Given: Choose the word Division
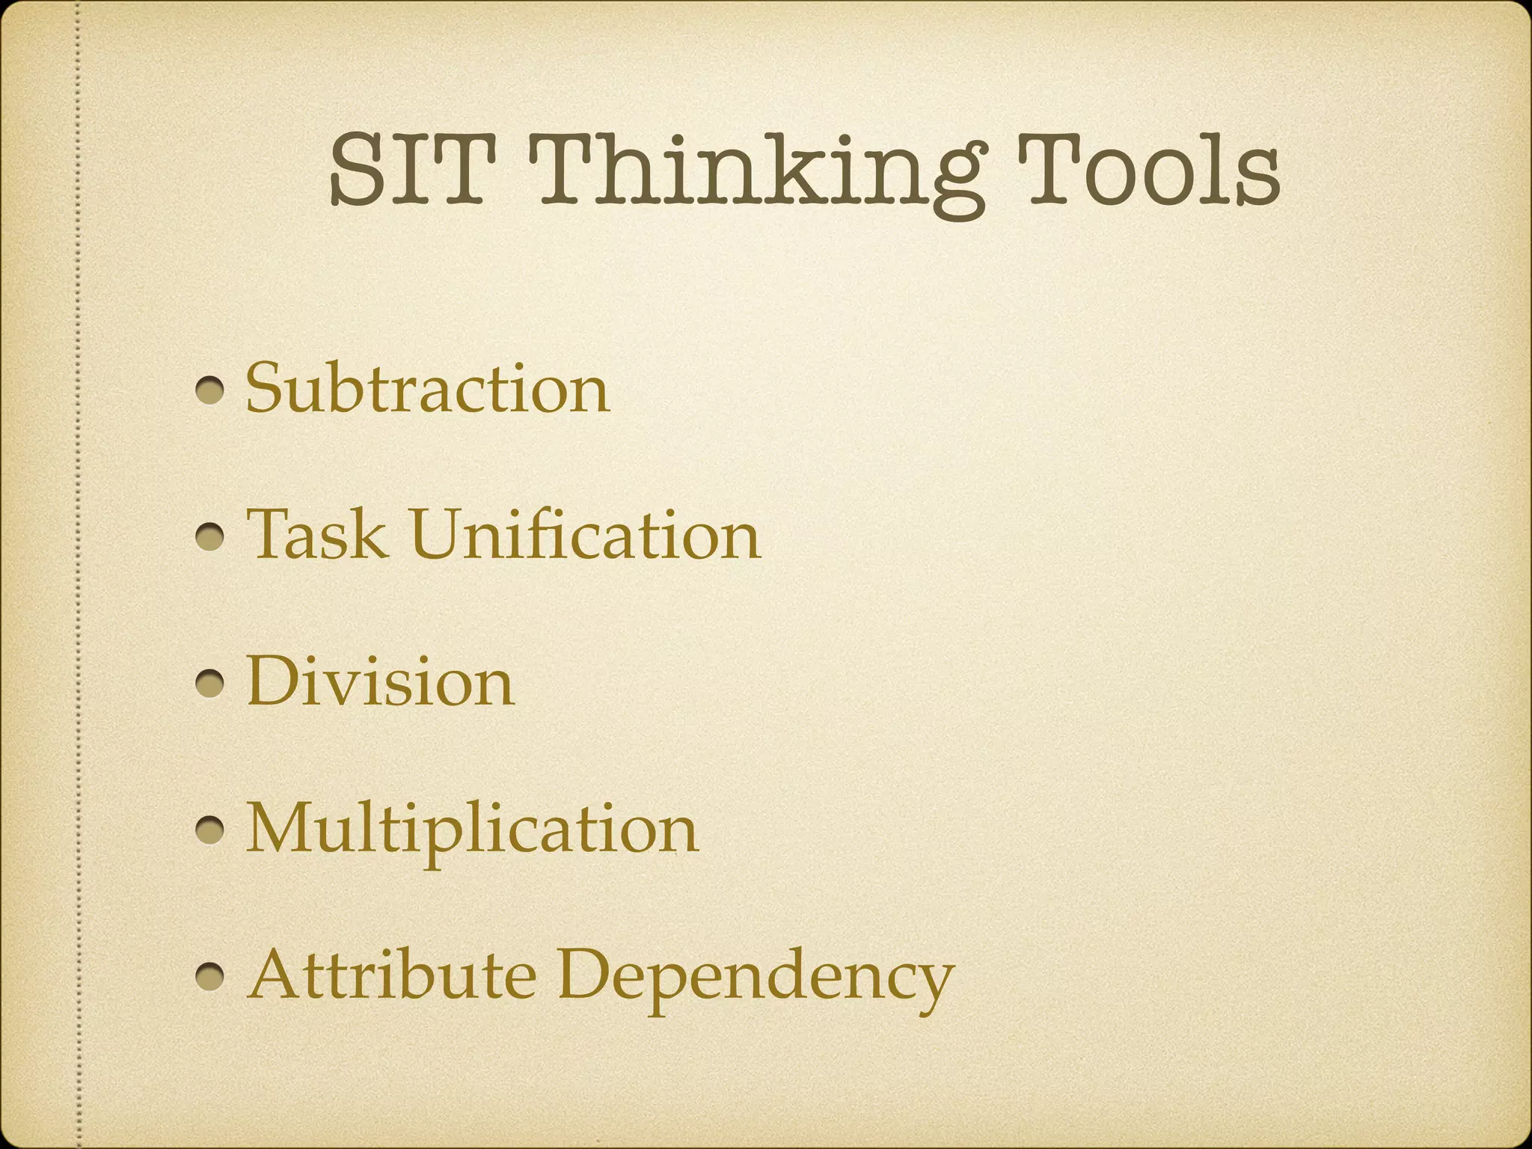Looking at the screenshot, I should [x=380, y=681].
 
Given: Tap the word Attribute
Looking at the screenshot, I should [x=391, y=975].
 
